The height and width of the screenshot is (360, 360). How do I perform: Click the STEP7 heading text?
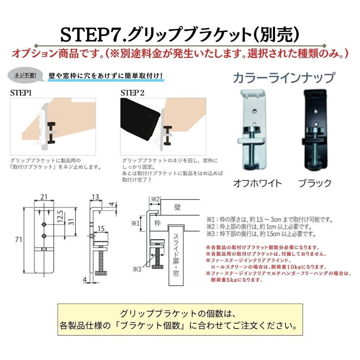(x=180, y=35)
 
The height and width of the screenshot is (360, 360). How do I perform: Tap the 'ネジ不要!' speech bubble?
(x=25, y=76)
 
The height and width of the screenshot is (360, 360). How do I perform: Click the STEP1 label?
(x=21, y=93)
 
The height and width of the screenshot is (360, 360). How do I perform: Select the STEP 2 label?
(x=132, y=93)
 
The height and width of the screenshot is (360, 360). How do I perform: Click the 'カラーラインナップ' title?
(x=284, y=78)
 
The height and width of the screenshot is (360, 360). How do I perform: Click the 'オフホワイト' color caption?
(x=257, y=183)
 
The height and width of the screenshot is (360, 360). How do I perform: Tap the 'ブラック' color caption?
(x=315, y=183)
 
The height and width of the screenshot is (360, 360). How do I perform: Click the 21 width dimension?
(x=44, y=197)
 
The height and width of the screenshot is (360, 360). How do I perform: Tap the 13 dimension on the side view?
(x=95, y=197)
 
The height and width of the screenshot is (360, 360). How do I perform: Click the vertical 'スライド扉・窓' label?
(x=176, y=256)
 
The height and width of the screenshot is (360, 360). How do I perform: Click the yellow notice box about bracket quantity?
(x=180, y=320)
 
